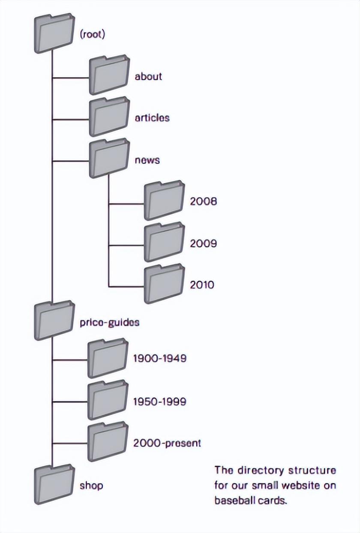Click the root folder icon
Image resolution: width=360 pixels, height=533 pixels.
[x=54, y=33]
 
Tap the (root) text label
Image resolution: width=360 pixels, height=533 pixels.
[x=92, y=34]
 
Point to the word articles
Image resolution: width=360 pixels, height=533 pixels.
[x=152, y=118]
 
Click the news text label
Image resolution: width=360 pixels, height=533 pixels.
[x=147, y=160]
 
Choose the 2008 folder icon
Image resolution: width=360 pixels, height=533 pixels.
[x=164, y=200]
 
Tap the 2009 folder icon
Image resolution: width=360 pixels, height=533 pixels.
[x=164, y=242]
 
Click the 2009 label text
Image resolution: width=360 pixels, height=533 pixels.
[x=203, y=243]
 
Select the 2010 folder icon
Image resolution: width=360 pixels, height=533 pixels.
[x=164, y=283]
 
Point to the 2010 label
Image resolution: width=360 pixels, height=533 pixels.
[x=202, y=284]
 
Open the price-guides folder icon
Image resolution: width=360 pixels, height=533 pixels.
[x=54, y=320]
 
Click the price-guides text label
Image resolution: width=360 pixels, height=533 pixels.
[x=109, y=323]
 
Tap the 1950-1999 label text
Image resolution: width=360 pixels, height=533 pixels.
[x=159, y=402]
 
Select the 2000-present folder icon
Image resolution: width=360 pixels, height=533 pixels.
[x=108, y=442]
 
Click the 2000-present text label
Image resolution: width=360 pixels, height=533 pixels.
[x=167, y=443]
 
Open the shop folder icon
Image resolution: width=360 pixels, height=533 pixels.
[x=54, y=484]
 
